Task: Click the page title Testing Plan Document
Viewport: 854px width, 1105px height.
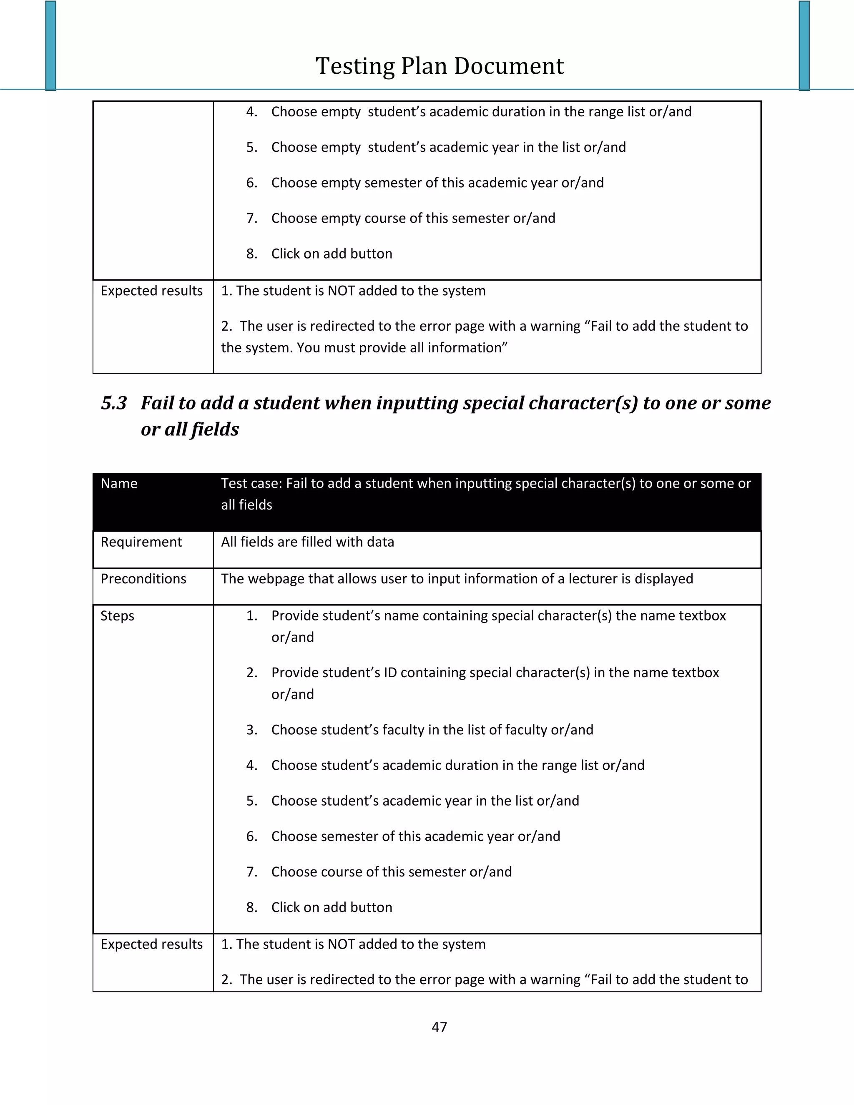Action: coord(439,66)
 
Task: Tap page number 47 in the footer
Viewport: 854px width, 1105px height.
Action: coord(439,1027)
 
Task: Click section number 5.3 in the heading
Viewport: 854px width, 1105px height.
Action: coord(114,403)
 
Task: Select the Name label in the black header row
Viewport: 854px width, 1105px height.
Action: coord(119,484)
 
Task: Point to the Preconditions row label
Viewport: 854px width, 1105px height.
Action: coord(143,579)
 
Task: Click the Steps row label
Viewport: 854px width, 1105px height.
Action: coord(117,616)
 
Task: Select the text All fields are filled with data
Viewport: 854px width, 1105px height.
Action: coord(307,542)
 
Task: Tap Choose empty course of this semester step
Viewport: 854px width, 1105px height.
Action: coord(413,218)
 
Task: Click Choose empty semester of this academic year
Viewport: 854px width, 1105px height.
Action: coord(437,183)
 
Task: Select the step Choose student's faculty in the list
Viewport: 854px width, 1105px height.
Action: coord(432,730)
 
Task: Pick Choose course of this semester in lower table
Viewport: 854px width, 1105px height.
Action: coord(391,872)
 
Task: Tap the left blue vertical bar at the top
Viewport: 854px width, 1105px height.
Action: coord(50,45)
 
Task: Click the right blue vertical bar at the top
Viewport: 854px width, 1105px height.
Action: coord(804,45)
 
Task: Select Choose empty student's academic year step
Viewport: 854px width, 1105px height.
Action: coord(448,147)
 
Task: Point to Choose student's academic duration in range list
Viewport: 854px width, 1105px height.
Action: coord(457,765)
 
